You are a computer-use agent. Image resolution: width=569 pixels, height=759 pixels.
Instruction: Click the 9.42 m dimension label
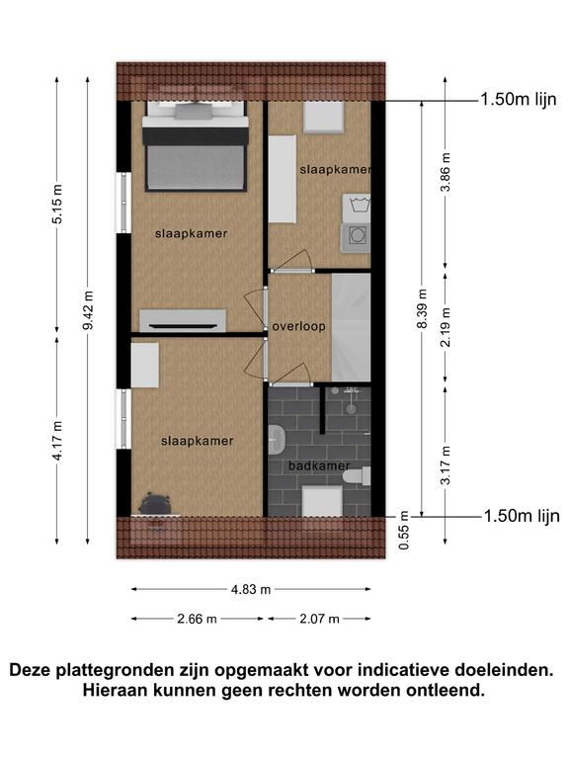pyautogui.click(x=88, y=310)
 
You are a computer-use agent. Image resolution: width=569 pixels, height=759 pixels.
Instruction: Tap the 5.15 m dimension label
pyautogui.click(x=56, y=204)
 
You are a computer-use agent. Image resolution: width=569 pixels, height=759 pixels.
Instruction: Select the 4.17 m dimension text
pyautogui.click(x=56, y=440)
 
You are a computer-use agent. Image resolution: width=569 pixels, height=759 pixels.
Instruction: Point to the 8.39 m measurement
pyautogui.click(x=422, y=308)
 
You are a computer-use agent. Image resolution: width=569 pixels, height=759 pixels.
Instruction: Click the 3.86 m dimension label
pyautogui.click(x=446, y=172)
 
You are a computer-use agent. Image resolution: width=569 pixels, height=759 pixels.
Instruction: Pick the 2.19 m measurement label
pyautogui.click(x=446, y=327)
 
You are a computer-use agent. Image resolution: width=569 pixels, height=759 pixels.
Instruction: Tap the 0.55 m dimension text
pyautogui.click(x=404, y=530)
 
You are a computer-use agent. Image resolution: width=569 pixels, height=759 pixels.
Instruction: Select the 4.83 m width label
pyautogui.click(x=251, y=589)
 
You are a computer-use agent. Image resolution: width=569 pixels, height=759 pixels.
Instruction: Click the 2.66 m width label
pyautogui.click(x=197, y=619)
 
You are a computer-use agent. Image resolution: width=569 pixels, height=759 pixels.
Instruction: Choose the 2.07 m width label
pyautogui.click(x=319, y=619)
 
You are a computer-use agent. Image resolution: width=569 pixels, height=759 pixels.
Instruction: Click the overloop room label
pyautogui.click(x=298, y=326)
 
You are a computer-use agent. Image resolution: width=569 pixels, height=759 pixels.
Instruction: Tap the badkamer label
pyautogui.click(x=319, y=465)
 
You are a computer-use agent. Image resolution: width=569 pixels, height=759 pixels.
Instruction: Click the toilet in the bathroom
pyautogui.click(x=357, y=474)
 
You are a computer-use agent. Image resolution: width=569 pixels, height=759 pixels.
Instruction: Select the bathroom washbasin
pyautogui.click(x=277, y=439)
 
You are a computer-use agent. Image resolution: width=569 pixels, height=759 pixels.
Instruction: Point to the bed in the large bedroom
pyautogui.click(x=196, y=145)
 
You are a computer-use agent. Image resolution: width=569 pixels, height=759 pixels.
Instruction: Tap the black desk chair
pyautogui.click(x=155, y=504)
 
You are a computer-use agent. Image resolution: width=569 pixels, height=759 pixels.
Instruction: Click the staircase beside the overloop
pyautogui.click(x=352, y=328)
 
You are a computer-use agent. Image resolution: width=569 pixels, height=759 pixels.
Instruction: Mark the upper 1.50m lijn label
pyautogui.click(x=519, y=99)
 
